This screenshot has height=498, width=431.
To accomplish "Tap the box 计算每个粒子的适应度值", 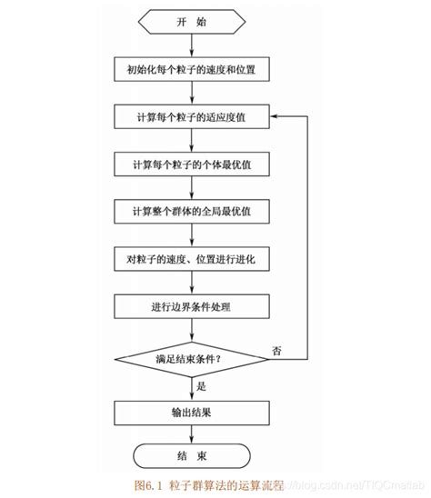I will pos(191,116).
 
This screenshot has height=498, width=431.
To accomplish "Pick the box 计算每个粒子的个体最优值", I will pos(191,164).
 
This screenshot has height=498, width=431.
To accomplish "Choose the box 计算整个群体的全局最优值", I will pos(191,212).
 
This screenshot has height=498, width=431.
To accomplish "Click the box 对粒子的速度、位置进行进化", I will pos(191,260).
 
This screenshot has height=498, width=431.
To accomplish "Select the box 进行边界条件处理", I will pos(191,307).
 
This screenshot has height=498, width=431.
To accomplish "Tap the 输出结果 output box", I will pos(191,412).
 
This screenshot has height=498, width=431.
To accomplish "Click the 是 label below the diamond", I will pos(202,385).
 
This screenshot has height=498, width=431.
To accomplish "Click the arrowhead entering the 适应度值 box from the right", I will pos(276,116).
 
